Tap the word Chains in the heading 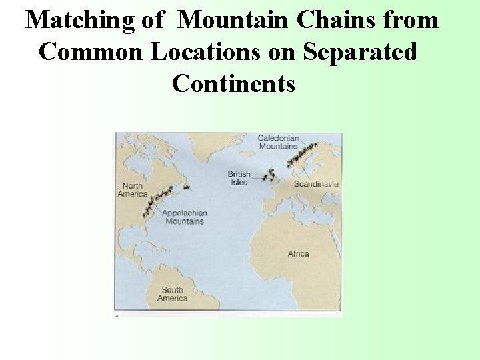(x=326, y=21)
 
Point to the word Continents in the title (x=233, y=83)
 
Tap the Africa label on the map (x=298, y=253)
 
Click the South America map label (x=172, y=293)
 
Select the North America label (x=132, y=190)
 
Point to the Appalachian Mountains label (x=185, y=217)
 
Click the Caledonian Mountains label (x=278, y=142)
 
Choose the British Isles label (x=239, y=178)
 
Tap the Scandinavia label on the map (x=316, y=184)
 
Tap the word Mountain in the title (x=234, y=21)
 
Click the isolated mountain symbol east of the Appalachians (x=187, y=187)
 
